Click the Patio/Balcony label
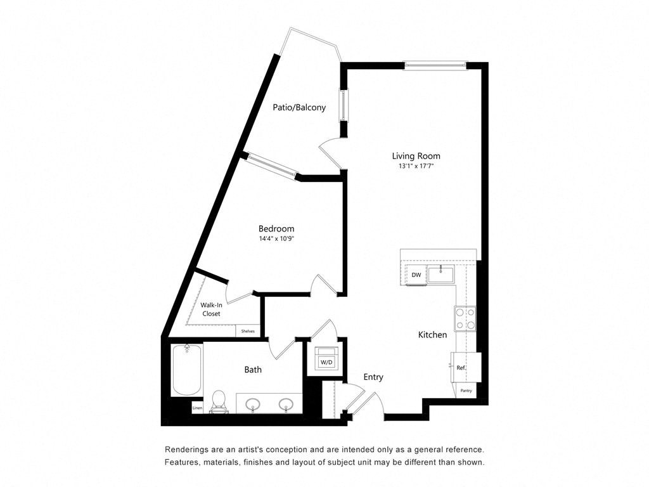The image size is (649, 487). tap(299, 108)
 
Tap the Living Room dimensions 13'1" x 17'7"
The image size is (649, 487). tap(416, 166)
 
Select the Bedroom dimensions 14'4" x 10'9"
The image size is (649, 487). tap(276, 239)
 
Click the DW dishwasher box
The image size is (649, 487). tap(416, 275)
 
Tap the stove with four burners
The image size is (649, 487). tap(465, 319)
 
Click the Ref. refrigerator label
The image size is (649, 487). tap(461, 368)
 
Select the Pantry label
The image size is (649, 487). tap(466, 391)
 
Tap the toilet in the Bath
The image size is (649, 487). tap(219, 401)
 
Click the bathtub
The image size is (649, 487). tap(187, 369)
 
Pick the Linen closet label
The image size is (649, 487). tap(197, 408)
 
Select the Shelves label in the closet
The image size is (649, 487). tap(248, 331)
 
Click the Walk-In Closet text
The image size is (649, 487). tap(211, 309)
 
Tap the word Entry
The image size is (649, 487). tap(373, 377)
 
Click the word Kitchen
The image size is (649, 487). tap(432, 334)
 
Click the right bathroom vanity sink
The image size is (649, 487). tap(286, 404)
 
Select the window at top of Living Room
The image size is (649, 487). tap(436, 65)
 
